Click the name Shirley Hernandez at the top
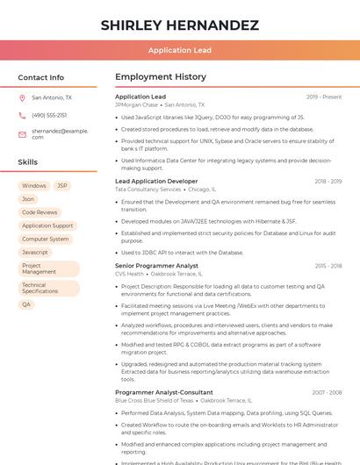179,25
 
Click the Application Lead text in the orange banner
179,50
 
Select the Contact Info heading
41,77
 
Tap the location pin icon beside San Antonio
22,98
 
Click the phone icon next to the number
22,115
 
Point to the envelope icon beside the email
22,133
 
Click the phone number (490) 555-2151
49,115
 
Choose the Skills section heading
28,162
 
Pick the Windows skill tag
34,186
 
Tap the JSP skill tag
62,186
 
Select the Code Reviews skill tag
40,212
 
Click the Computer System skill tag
46,239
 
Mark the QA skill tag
26,304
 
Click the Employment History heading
161,77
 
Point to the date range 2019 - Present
324,97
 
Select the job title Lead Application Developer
156,181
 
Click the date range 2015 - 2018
328,266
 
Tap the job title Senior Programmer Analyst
156,266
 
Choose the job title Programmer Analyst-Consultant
163,392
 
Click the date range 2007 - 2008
327,392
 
